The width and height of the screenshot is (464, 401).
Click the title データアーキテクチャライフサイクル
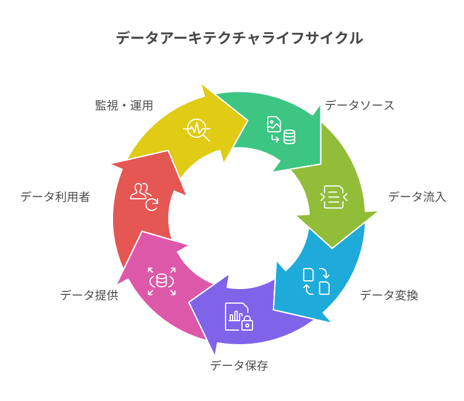(x=239, y=38)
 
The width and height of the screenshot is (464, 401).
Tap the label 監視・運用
(x=124, y=106)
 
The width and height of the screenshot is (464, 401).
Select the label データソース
(x=360, y=106)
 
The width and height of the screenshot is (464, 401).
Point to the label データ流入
(x=417, y=196)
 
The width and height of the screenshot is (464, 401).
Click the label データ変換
(x=389, y=295)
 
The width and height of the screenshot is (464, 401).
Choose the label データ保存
(x=239, y=366)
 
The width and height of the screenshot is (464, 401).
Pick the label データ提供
(x=90, y=295)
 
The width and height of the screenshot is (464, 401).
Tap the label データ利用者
(x=55, y=196)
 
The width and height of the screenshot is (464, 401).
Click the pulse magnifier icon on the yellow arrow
(x=197, y=130)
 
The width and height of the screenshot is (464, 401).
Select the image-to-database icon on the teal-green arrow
(x=281, y=130)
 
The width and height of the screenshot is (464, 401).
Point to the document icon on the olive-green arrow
(x=334, y=197)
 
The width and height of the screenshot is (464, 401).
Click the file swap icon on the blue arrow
(x=316, y=281)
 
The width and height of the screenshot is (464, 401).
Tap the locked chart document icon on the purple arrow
(x=239, y=317)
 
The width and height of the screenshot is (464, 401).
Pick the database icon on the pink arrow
(x=162, y=281)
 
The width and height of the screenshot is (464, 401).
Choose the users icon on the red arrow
(x=144, y=197)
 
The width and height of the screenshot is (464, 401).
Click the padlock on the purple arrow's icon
(x=247, y=323)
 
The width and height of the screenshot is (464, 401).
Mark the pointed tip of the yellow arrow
(x=248, y=121)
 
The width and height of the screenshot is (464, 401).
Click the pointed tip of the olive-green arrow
(x=332, y=248)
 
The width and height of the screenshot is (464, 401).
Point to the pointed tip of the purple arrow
(x=189, y=303)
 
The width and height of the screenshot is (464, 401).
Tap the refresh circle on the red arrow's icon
(x=152, y=205)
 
